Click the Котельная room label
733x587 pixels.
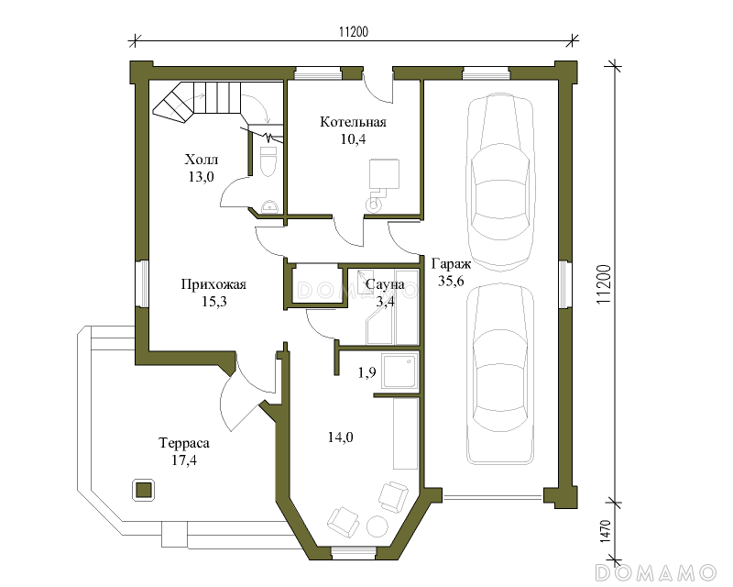[353, 122]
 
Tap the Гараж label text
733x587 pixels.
[451, 264]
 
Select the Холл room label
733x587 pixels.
[201, 160]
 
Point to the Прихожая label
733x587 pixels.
[213, 284]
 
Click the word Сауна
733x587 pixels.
[385, 284]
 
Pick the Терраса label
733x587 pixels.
[184, 443]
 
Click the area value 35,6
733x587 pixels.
[451, 281]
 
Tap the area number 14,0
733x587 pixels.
[340, 437]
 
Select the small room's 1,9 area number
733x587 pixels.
[367, 372]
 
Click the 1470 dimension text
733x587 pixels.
[605, 531]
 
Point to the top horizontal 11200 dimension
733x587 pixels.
[354, 31]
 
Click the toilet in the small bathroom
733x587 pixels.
[268, 161]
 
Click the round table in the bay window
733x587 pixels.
[377, 526]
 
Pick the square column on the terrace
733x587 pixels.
[144, 490]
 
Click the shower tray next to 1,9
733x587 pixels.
[399, 371]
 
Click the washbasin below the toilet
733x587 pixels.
[269, 207]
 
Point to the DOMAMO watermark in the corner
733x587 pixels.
[656, 573]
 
